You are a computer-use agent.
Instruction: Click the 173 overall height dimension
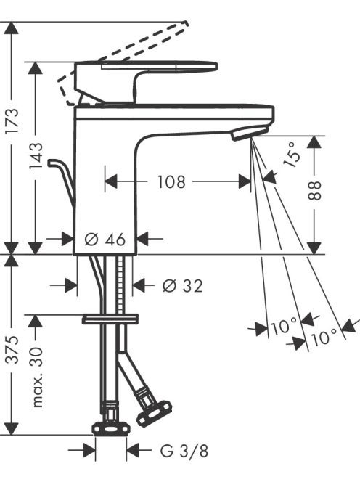12,120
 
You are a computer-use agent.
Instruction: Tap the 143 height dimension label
36,156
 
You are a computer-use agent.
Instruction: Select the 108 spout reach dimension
171,181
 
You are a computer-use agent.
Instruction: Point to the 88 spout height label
314,191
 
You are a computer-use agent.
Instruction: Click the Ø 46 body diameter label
105,239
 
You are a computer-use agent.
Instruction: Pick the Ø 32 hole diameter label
183,286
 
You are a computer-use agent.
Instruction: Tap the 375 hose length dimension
12,349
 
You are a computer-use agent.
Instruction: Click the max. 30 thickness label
37,377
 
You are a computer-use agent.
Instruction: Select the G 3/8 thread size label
184,451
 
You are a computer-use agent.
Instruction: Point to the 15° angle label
292,155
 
